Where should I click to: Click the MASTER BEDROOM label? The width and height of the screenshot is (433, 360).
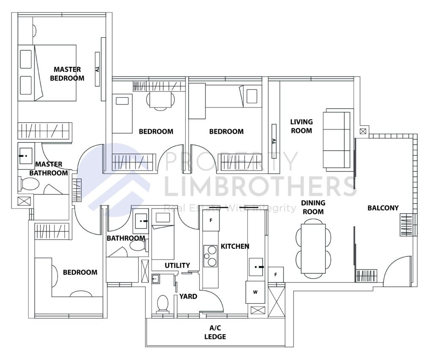click(x=67, y=74)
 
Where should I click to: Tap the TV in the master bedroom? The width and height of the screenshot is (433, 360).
click(x=97, y=69)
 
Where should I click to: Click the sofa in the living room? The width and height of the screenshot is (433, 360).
click(x=337, y=139)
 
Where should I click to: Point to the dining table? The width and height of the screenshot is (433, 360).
click(x=313, y=248)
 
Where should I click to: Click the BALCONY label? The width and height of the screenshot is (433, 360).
click(x=383, y=208)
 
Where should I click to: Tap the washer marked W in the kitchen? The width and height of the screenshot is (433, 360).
click(x=255, y=292)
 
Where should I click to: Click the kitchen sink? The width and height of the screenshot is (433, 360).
click(x=256, y=267)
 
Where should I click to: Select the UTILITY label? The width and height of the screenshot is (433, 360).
click(x=177, y=265)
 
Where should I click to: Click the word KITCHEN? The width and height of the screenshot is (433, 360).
click(x=235, y=246)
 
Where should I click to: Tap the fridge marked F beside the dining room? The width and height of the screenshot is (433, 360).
click(x=276, y=274)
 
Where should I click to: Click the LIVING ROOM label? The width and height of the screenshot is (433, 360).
click(x=301, y=126)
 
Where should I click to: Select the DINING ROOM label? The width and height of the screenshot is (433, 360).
click(x=313, y=207)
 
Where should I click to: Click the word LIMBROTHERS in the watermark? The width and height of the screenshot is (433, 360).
click(x=260, y=186)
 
